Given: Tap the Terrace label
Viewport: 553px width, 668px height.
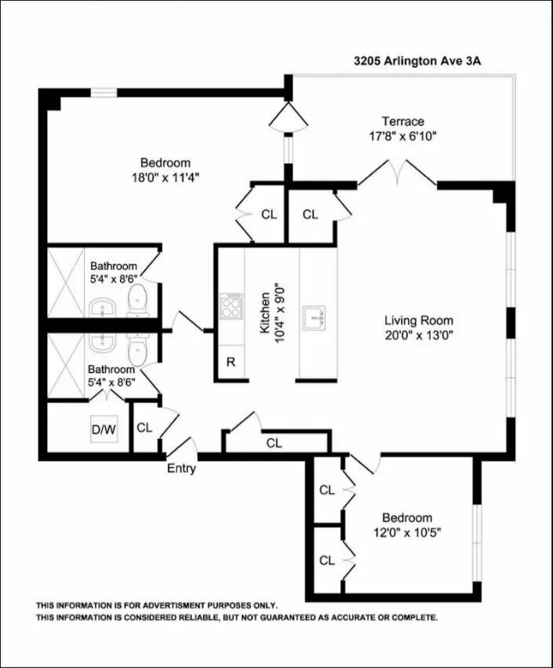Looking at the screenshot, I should pyautogui.click(x=402, y=122).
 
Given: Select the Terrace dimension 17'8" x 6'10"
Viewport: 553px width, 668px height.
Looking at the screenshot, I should pyautogui.click(x=402, y=136).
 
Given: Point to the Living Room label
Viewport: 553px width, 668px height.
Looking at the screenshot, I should pyautogui.click(x=418, y=320).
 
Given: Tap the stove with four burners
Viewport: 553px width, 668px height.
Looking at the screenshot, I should pyautogui.click(x=233, y=305).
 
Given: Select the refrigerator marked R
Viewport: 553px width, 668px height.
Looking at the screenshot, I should pyautogui.click(x=231, y=362).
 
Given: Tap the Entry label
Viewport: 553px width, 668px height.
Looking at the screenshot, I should pyautogui.click(x=181, y=469).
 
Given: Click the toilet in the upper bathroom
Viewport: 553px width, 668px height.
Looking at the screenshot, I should pyautogui.click(x=138, y=299).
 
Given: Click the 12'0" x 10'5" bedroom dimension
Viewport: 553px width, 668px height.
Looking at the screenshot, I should pyautogui.click(x=407, y=532).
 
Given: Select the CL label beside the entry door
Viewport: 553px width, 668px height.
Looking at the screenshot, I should pyautogui.click(x=144, y=428).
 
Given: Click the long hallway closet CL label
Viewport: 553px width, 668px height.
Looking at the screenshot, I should pyautogui.click(x=274, y=444).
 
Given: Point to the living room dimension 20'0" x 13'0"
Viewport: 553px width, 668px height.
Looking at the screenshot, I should pyautogui.click(x=418, y=334).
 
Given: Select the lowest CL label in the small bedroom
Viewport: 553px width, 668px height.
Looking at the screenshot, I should pyautogui.click(x=327, y=560).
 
